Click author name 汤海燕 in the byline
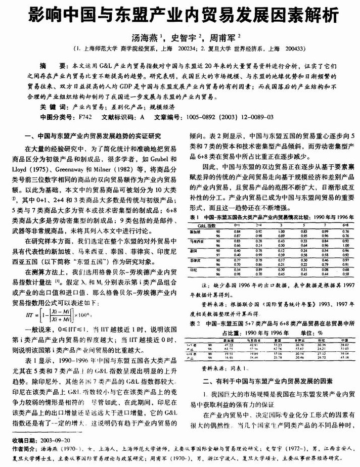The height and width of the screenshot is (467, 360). pyautogui.click(x=144, y=38)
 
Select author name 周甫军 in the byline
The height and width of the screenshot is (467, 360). pyautogui.click(x=218, y=38)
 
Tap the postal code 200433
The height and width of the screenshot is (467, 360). pyautogui.click(x=294, y=49)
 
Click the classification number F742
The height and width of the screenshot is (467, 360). pyautogui.click(x=84, y=117)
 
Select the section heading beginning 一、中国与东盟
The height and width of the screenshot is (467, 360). pyautogui.click(x=93, y=135)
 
